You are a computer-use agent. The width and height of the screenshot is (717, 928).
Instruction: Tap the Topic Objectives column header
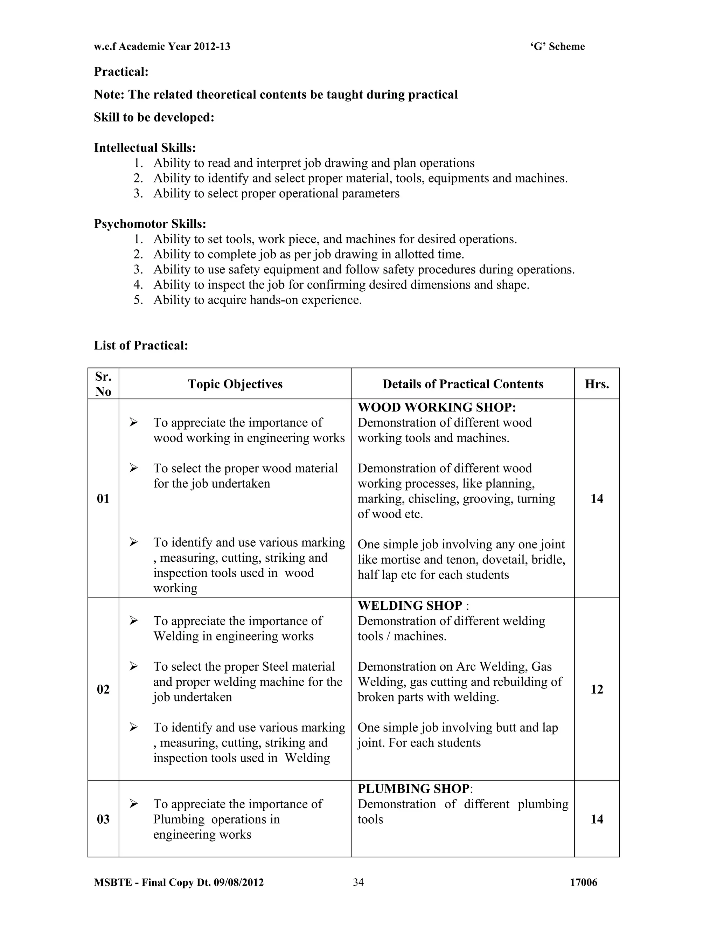tap(235, 384)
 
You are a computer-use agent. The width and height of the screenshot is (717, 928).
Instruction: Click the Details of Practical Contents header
tap(462, 384)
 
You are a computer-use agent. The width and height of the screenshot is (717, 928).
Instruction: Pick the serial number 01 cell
tap(103, 498)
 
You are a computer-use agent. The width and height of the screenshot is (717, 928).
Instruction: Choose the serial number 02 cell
tap(103, 689)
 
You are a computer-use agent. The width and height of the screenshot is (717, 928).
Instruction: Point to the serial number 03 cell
tap(103, 819)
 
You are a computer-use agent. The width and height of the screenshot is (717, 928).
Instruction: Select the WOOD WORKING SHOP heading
tap(436, 408)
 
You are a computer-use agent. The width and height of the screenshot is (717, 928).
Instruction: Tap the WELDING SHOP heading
tap(410, 605)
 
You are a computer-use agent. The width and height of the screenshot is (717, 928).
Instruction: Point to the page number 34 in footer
tap(358, 882)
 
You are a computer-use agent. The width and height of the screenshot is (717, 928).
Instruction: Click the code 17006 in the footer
tap(583, 882)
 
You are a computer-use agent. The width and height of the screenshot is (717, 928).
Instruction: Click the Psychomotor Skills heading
tap(150, 224)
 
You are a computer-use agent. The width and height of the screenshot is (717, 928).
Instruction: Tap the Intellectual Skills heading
tap(145, 148)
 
